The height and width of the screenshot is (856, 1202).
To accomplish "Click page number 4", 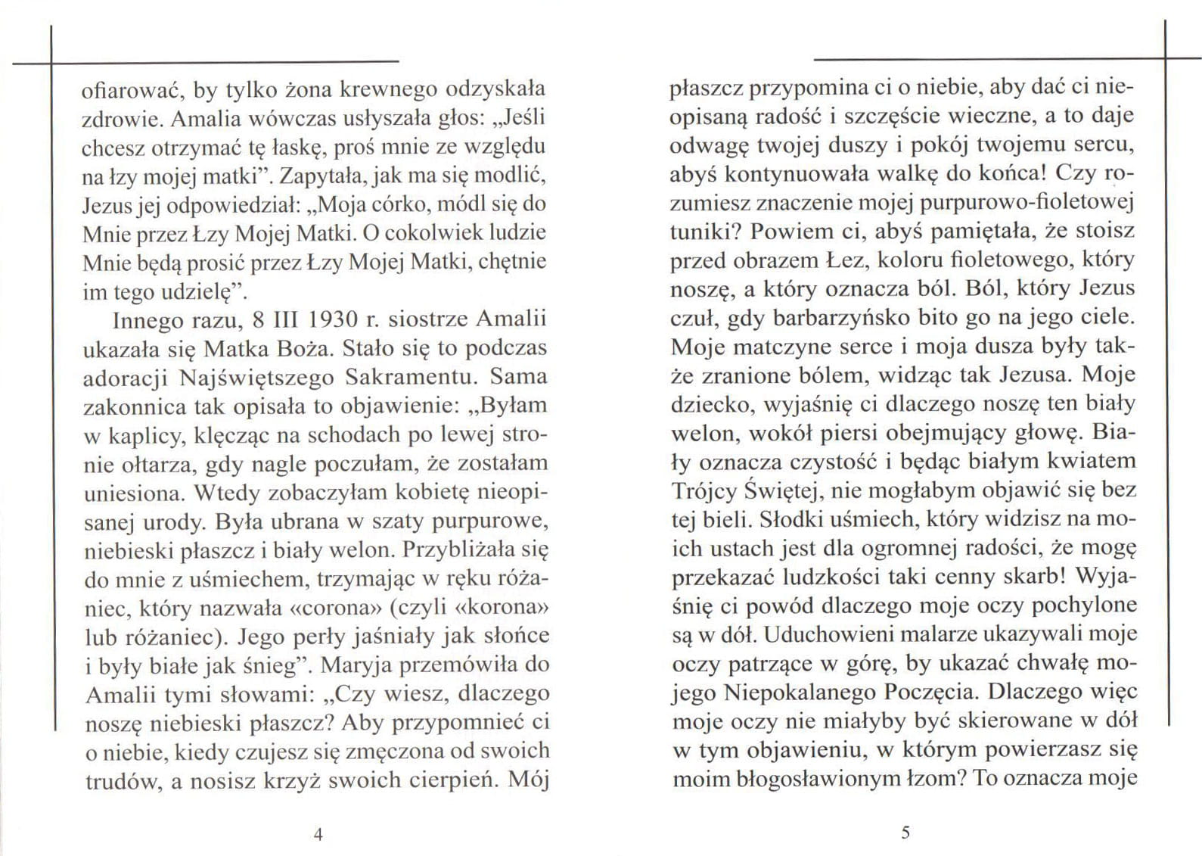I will (318, 834).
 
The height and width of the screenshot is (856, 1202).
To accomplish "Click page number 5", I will (905, 833).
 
